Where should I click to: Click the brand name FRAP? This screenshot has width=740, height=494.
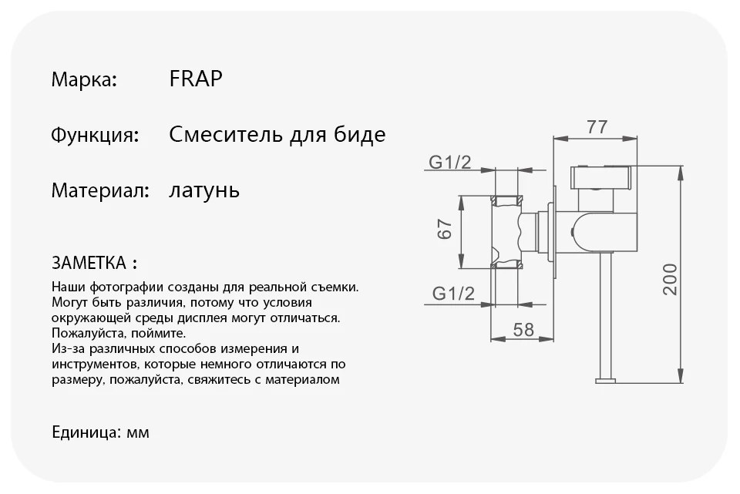195,79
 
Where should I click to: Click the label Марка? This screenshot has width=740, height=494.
84,79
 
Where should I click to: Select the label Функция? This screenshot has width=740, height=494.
95,136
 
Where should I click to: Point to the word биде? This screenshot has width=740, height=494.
360,136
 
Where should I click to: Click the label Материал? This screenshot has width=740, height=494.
99,190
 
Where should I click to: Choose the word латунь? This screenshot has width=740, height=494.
203,190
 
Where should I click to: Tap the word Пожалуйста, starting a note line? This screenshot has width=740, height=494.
85,334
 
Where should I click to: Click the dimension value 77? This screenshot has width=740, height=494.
597,127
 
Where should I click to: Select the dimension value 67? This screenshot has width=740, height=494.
444,230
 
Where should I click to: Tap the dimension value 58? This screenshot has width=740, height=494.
523,329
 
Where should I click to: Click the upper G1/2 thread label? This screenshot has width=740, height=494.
449,162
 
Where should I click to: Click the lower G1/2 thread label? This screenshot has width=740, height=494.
451,293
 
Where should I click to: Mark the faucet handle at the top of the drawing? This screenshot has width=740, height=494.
601,178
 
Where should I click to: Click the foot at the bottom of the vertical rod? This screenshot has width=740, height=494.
606,378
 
